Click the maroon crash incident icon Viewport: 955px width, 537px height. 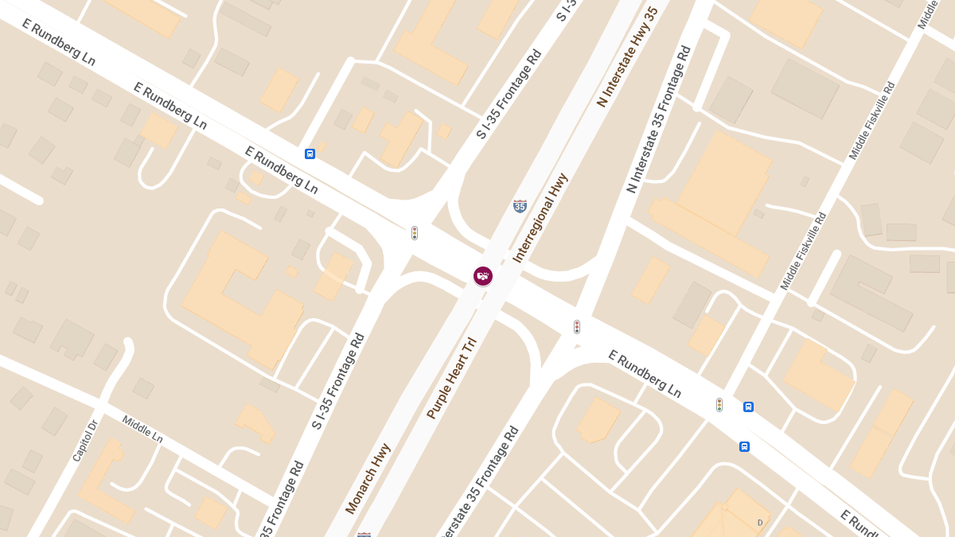pos(482,276)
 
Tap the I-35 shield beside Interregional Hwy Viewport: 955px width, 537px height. pos(520,206)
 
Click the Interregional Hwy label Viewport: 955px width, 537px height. pos(540,218)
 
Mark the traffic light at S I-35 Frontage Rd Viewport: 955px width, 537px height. pos(415,233)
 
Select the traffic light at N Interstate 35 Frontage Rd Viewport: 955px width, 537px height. pos(577,327)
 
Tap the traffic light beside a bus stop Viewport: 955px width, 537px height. pos(719,405)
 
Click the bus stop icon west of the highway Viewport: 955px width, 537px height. pos(310,154)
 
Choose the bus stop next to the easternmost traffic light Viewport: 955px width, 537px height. pos(748,407)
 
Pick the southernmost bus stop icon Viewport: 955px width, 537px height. pos(744,446)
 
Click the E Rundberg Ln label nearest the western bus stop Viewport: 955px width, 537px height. pos(281,169)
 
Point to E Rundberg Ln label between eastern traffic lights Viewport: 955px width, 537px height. pos(645,374)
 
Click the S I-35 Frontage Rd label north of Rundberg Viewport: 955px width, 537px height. pos(509,94)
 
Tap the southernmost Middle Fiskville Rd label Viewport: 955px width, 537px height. pos(803,251)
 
